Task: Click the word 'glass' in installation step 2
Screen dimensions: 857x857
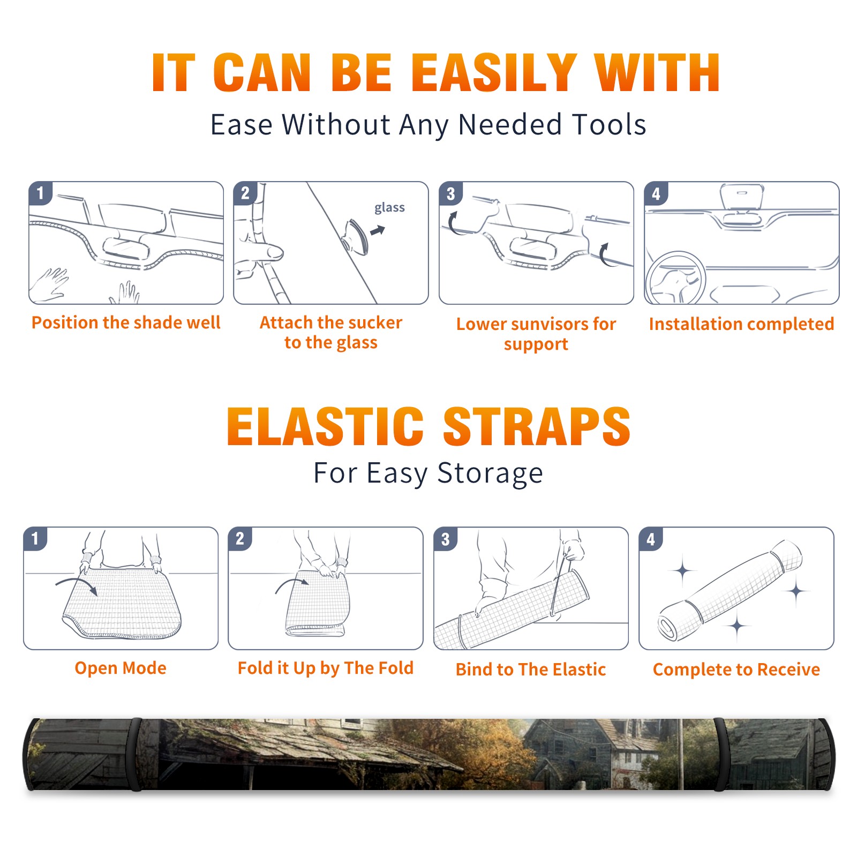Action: pyautogui.click(x=389, y=208)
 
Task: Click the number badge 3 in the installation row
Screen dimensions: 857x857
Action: pyautogui.click(x=450, y=193)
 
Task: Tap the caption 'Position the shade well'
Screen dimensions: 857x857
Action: pyautogui.click(x=126, y=322)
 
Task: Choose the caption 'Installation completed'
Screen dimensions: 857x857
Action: pyautogui.click(x=741, y=324)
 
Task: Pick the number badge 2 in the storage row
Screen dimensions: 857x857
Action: pyautogui.click(x=240, y=539)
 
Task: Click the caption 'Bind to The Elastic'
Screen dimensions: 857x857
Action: pyautogui.click(x=531, y=669)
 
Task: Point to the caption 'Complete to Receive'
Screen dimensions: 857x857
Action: pyautogui.click(x=736, y=670)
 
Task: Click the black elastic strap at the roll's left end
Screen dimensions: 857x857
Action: pyautogui.click(x=136, y=754)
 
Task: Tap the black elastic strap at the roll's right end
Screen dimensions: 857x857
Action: pyautogui.click(x=720, y=754)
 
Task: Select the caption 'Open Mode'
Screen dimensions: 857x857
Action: pyautogui.click(x=121, y=668)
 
